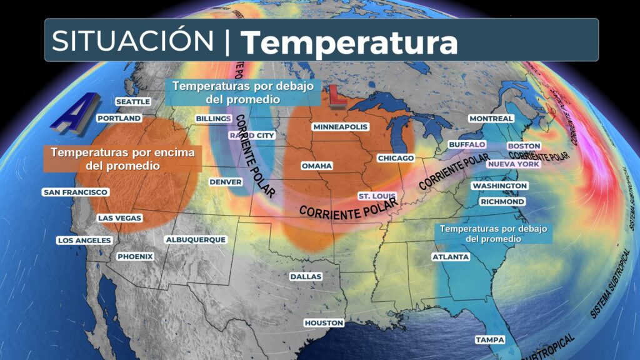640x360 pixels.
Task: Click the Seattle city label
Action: [133, 101]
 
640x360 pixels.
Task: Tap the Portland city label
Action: [119, 117]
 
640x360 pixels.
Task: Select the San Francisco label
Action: [75, 192]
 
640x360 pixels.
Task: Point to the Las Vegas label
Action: [119, 218]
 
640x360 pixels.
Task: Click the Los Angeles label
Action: [84, 241]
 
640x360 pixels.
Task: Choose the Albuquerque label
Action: [195, 239]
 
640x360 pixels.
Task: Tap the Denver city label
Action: [226, 182]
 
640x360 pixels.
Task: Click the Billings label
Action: [213, 118]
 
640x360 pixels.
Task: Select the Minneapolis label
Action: [341, 127]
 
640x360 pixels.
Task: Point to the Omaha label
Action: [316, 166]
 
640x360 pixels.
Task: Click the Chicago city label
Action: [396, 158]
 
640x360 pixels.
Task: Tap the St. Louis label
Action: [375, 196]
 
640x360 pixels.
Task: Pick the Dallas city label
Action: [306, 276]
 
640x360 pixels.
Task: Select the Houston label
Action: [324, 322]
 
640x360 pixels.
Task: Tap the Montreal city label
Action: [491, 118]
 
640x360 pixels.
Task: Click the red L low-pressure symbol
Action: [338, 97]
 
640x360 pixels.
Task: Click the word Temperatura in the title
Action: [349, 42]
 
